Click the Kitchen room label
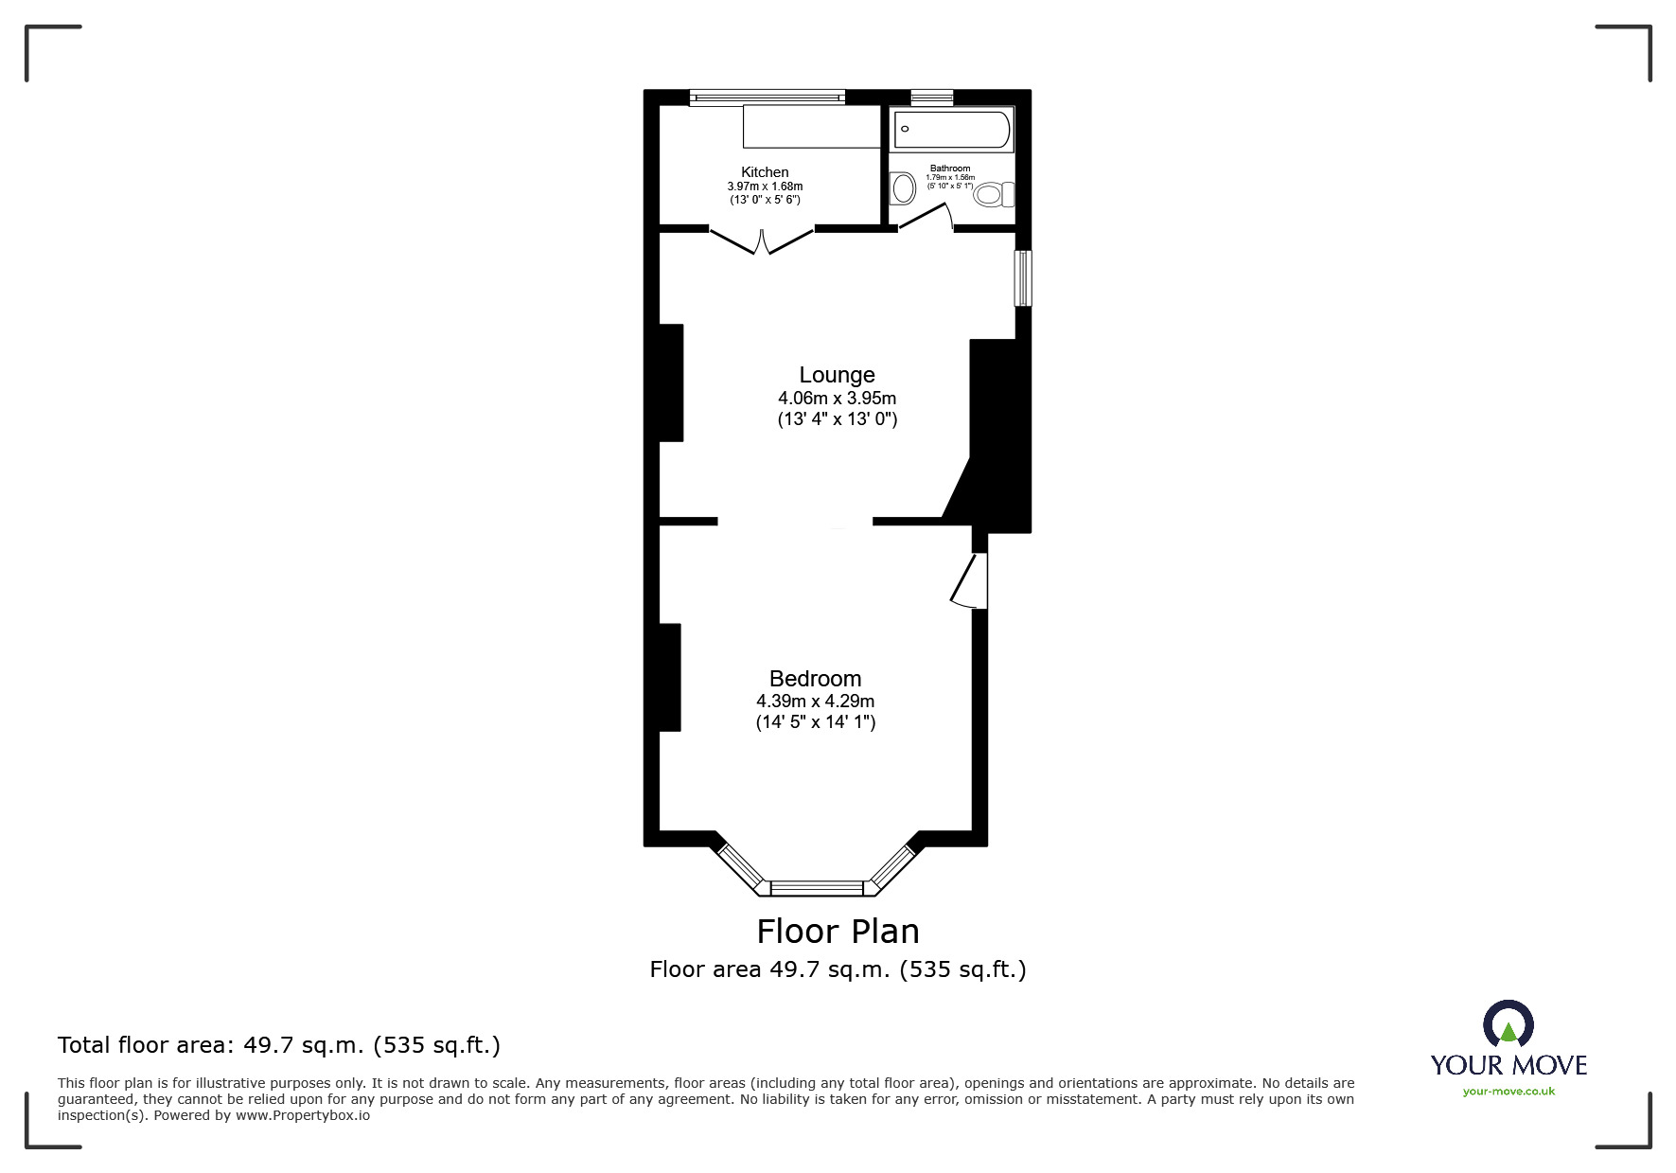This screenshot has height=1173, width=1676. pos(765,172)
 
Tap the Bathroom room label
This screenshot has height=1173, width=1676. pos(949,169)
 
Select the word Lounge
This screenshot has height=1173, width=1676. pos(837,375)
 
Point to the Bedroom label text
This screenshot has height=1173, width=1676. pos(815,679)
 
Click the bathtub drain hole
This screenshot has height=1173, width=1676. pos(905,129)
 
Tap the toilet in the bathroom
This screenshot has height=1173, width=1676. pos(992,195)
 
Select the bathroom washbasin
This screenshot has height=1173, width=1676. pos(903,188)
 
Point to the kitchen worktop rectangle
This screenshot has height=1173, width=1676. pos(812,127)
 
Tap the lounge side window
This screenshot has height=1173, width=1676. pos(1022,278)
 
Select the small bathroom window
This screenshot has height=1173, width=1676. pos(931,97)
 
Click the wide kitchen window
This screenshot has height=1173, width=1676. pos(767,97)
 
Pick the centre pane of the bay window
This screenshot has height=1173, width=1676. pos(818,888)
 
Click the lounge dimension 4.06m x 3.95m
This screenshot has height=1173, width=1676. pos(837,399)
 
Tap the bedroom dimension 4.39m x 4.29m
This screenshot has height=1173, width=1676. pos(815,702)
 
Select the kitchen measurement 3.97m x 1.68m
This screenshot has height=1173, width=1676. pos(765,187)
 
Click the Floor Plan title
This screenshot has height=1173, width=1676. pos(838,932)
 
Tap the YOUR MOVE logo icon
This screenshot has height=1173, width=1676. pos(1508,1024)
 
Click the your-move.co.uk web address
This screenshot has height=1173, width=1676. pos(1508,1092)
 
